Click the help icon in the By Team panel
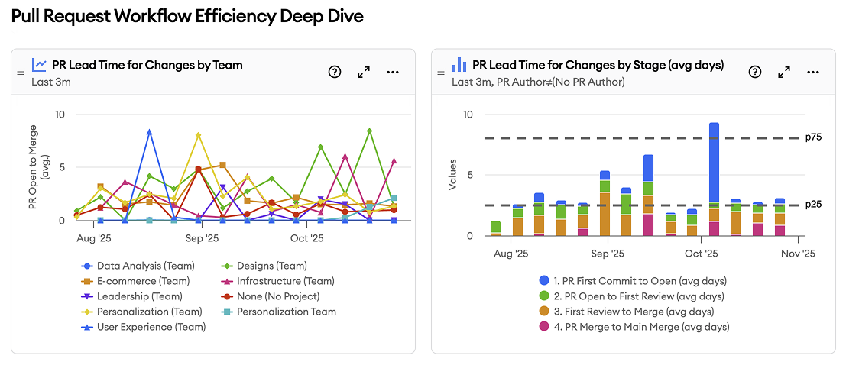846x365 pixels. coord(335,72)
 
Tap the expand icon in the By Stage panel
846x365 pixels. coord(783,72)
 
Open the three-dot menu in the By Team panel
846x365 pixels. coord(393,72)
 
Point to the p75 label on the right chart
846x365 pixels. coord(813,138)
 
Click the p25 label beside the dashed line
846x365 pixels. coord(813,205)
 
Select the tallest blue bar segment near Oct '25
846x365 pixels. coord(714,162)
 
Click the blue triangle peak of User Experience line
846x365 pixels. coord(149,132)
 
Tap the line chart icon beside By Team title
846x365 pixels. coord(39,65)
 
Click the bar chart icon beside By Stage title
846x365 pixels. coord(459,65)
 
